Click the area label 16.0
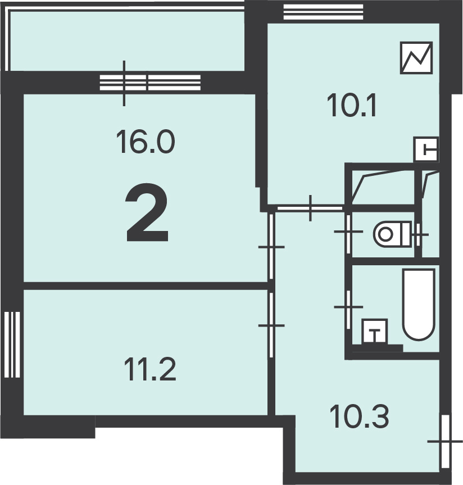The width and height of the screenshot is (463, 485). coord(146,142)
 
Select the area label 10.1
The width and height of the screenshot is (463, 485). coord(352,106)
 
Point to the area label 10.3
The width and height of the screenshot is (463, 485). coord(359,416)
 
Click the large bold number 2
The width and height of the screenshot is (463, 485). coord(147,212)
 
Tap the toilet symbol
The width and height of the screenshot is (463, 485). coord(392,234)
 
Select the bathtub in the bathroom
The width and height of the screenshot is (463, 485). coord(419,305)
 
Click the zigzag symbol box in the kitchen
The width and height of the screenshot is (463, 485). coord(416,58)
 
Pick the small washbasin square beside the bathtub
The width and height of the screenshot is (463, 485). coord(375,331)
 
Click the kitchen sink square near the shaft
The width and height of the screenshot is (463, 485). coord(426,149)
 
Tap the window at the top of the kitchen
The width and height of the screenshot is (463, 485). coord(323,12)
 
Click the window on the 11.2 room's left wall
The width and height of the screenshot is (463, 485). coord(12,345)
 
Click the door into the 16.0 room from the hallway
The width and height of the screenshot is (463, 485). coord(271,247)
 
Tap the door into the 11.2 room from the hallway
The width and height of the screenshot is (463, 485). coord(271,325)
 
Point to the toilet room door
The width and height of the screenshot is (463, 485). coord(348,231)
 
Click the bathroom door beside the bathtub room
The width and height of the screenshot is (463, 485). coord(348,307)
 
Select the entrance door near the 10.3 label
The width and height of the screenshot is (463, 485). coord(445,441)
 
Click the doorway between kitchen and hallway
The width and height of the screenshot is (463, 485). coord(310,208)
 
